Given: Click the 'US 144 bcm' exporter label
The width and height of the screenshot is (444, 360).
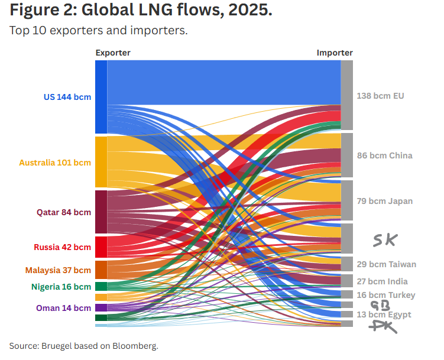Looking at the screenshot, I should [x=67, y=97].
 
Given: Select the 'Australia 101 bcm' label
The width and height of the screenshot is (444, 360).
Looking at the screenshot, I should [x=55, y=162].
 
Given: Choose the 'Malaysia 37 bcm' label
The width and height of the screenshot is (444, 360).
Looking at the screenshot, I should [x=58, y=270].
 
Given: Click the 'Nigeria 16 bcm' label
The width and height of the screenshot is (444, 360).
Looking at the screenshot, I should [x=61, y=287].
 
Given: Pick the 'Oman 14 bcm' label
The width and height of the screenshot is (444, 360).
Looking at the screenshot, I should [x=63, y=308].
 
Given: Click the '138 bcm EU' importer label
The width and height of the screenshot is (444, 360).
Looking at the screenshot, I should [x=380, y=96].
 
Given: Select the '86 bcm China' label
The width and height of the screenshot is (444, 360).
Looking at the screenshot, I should [x=384, y=155].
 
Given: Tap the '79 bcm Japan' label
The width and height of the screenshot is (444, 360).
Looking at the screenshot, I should [x=384, y=201].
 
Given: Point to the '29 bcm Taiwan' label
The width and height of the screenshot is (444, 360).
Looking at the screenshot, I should [x=386, y=264].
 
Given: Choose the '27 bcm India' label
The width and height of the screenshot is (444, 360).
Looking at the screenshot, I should [x=382, y=281].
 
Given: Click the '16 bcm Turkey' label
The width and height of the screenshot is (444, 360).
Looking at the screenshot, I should [x=386, y=295].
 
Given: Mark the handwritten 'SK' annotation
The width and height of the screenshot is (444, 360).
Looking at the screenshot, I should [x=385, y=239].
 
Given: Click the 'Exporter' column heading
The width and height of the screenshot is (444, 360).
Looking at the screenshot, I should [x=113, y=53].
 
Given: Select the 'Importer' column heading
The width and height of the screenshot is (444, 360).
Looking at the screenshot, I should [x=335, y=53].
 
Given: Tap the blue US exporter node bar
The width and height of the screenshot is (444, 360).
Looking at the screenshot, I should [x=101, y=97].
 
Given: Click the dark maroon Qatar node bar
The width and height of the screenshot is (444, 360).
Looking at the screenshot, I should [x=101, y=212].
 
